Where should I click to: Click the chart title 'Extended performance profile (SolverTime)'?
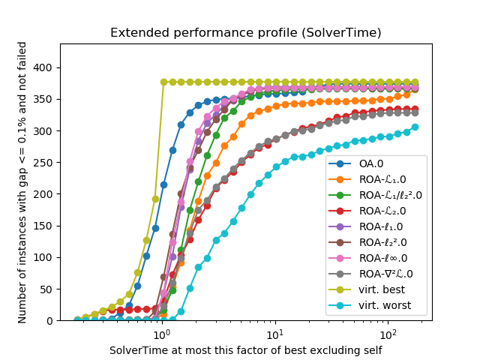pos(246,32)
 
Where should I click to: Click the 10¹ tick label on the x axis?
pos(274,333)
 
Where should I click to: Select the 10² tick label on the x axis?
pos(388,333)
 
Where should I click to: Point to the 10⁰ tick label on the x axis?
pos(160,333)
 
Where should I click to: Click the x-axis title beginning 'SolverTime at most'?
pos(246,350)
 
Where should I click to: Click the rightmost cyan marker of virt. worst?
pos(415,127)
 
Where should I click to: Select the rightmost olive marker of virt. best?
pos(415,82)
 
